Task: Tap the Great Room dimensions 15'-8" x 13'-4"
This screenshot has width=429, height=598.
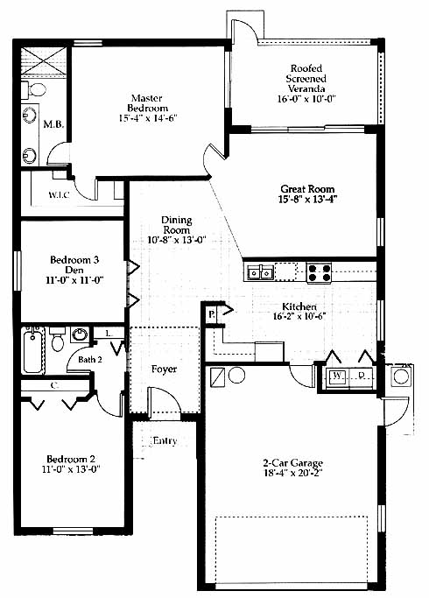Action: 307,199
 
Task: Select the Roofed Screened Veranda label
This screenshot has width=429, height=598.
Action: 306,79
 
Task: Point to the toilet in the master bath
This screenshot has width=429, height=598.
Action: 33,90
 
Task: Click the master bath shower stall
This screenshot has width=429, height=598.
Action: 43,61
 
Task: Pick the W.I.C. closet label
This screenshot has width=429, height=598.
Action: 60,195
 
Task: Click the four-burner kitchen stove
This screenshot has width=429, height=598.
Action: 320,272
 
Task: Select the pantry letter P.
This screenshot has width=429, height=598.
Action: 211,315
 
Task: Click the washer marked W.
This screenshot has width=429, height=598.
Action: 337,376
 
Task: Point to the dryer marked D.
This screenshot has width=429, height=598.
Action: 361,376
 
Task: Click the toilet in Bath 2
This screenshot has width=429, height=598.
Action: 58,338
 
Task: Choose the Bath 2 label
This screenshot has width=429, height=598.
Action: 90,359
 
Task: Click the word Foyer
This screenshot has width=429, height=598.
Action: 164,369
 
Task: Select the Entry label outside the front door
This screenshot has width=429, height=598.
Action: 165,441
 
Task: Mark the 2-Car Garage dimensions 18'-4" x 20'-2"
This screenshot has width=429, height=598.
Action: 292,474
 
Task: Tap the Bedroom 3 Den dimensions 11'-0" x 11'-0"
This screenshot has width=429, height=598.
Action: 74,280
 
